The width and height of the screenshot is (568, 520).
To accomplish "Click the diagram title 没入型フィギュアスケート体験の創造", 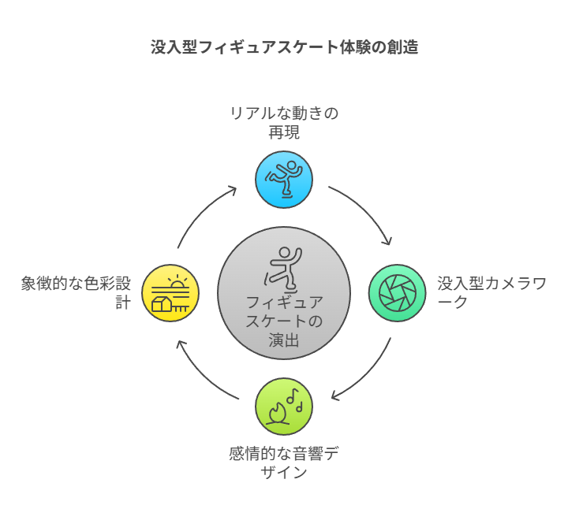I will coord(284,47).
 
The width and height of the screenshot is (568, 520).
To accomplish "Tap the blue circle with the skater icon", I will coord(284,179).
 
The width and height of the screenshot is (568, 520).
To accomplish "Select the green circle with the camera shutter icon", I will coord(398,293).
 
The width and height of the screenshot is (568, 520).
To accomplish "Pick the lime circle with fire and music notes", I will coord(284,407).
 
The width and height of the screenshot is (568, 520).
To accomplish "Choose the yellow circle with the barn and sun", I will coord(170,293).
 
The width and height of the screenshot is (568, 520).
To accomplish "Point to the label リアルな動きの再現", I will coord(284,122).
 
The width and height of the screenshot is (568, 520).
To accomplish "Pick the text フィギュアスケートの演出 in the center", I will coord(284,321).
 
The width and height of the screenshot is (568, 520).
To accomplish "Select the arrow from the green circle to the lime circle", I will coord(367,374).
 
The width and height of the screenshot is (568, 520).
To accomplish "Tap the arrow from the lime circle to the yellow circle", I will coord(201,375).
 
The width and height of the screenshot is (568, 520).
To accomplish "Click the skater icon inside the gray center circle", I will coord(282,268).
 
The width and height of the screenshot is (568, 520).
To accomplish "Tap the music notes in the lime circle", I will coord(295,398).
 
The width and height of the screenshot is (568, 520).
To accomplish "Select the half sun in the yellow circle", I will coord(179,282).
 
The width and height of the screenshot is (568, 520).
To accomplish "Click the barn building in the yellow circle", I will coord(163,303).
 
